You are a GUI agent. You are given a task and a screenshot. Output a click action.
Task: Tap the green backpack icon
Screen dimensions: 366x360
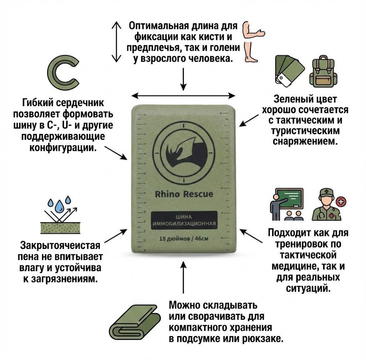coord(323,71)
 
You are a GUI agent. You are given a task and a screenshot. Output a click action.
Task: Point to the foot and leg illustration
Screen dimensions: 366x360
coord(250,52)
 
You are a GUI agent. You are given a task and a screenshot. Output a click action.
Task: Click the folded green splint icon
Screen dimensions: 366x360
coord(135,322)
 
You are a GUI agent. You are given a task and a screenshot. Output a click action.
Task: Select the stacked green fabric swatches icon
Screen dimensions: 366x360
coord(290,71)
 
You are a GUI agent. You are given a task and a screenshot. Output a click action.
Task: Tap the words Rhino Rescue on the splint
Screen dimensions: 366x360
coord(184,194)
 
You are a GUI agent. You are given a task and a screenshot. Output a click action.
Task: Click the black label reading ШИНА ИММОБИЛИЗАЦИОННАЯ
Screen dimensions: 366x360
coord(184,220)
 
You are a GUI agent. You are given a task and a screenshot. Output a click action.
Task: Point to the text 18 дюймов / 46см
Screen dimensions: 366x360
coord(184,239)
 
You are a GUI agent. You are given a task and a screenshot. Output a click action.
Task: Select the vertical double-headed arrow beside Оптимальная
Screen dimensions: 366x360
coord(116,42)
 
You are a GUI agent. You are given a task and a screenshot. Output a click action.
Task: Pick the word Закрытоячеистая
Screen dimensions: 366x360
coord(60,245)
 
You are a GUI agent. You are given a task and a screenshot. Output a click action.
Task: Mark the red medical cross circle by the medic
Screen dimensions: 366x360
coord(341,202)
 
